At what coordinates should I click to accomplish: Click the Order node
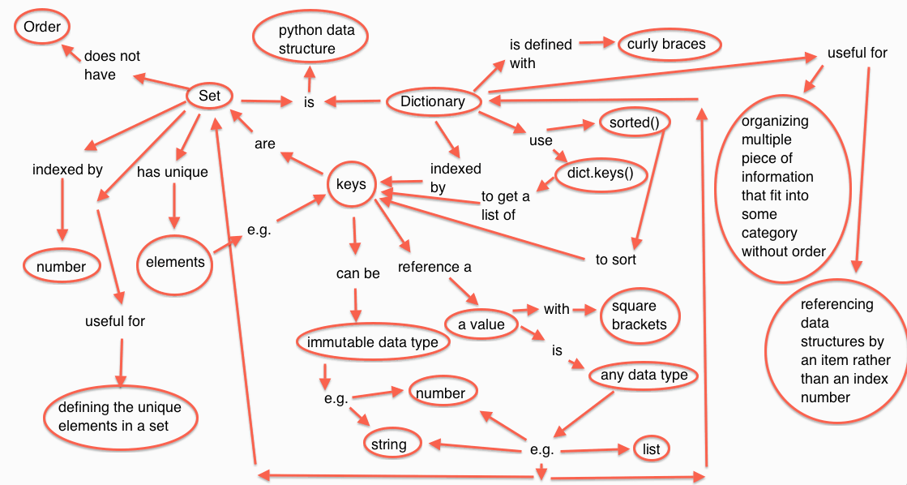point(41,28)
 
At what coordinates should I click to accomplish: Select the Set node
point(210,96)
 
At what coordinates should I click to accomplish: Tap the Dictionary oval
point(432,101)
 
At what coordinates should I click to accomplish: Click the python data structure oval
point(306,40)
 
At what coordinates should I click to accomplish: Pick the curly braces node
point(666,44)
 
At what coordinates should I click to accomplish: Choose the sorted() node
point(634,123)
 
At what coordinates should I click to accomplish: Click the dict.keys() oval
point(595,173)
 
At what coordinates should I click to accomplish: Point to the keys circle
point(350,184)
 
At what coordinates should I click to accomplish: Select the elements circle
point(173,263)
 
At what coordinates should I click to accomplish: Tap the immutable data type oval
point(372,342)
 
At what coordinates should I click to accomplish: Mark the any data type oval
point(644,375)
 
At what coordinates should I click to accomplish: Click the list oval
point(651,449)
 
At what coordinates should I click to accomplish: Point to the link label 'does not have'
point(112,66)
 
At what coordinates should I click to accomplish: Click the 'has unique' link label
point(172,172)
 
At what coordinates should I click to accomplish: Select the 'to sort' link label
point(615,260)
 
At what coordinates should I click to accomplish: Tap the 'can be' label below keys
point(357,273)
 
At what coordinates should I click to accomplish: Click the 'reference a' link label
point(434,266)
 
